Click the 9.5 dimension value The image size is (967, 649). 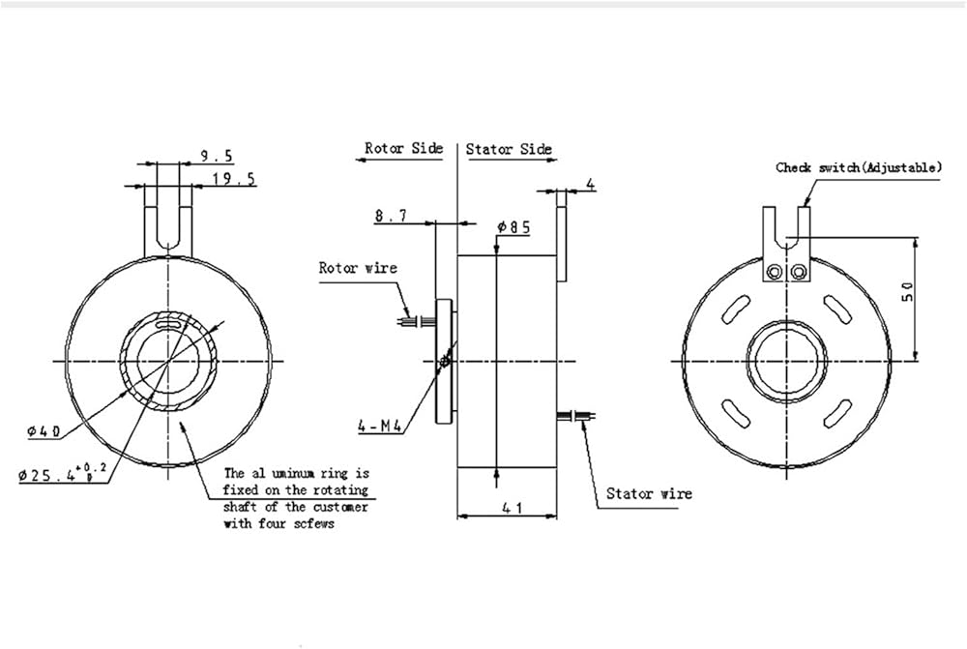click(x=217, y=156)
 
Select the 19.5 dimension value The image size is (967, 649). click(x=234, y=179)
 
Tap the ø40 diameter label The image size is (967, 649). click(x=44, y=431)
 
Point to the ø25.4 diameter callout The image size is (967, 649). click(x=62, y=473)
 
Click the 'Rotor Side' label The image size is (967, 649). click(x=403, y=148)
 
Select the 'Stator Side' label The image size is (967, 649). click(x=509, y=149)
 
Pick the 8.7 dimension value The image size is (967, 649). click(x=391, y=216)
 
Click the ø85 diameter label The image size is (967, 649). click(x=513, y=227)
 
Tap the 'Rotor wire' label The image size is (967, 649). click(x=358, y=268)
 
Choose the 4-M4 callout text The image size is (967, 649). click(x=380, y=426)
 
